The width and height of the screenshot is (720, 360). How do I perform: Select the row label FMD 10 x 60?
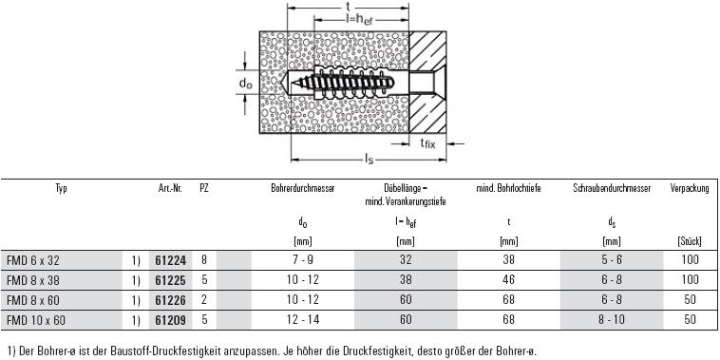coord(36,320)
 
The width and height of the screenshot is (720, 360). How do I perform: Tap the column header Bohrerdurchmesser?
coord(303,188)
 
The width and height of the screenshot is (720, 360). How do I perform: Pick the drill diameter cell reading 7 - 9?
coord(303,260)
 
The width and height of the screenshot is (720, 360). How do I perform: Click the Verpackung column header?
coord(690,188)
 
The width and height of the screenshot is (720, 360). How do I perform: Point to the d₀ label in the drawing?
coord(246,83)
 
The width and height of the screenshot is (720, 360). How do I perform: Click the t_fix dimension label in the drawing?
coord(427,143)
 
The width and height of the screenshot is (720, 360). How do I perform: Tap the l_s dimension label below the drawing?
coord(369,160)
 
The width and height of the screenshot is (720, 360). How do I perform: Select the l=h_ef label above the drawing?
coord(359,20)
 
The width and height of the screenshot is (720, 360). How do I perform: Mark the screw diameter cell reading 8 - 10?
coord(612,319)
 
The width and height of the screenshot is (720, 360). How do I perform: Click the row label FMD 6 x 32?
coord(33,260)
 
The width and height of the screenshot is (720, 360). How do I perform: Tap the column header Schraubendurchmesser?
coord(612,188)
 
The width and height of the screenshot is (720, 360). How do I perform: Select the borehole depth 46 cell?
coord(509,279)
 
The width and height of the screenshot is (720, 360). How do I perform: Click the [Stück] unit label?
coord(690,242)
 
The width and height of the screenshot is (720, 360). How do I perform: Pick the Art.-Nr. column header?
coord(167,188)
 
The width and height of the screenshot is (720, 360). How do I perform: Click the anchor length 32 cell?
coord(406,260)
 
